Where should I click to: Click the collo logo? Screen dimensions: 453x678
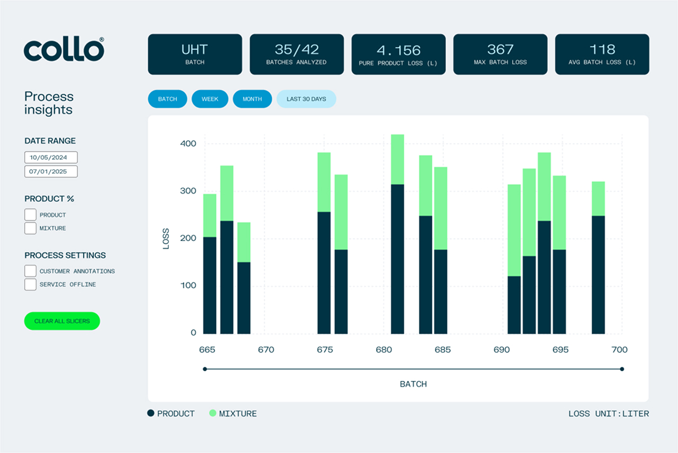(x=64, y=50)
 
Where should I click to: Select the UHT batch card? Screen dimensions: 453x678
(x=194, y=54)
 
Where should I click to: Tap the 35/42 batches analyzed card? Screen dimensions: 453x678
(x=297, y=54)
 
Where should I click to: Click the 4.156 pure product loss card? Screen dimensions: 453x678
(x=398, y=54)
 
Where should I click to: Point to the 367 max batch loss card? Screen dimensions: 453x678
(x=500, y=54)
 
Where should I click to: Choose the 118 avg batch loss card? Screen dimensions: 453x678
(x=602, y=54)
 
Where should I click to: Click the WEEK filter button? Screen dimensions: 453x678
(x=210, y=99)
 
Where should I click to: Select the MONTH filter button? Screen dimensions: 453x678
(x=252, y=99)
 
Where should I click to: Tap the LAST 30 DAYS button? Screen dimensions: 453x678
(x=306, y=99)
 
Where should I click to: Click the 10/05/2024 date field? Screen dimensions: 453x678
(x=51, y=158)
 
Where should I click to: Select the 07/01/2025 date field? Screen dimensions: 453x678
(x=51, y=171)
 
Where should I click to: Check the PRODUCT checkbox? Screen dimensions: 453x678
(x=31, y=215)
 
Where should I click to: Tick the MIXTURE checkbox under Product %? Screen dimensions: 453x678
(x=31, y=228)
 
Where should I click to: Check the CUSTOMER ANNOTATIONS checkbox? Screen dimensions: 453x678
(x=31, y=271)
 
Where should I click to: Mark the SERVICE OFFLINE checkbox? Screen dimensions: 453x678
(x=31, y=284)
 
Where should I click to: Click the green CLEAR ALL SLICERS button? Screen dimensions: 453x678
(x=62, y=321)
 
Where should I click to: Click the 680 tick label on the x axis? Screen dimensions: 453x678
(x=383, y=350)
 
